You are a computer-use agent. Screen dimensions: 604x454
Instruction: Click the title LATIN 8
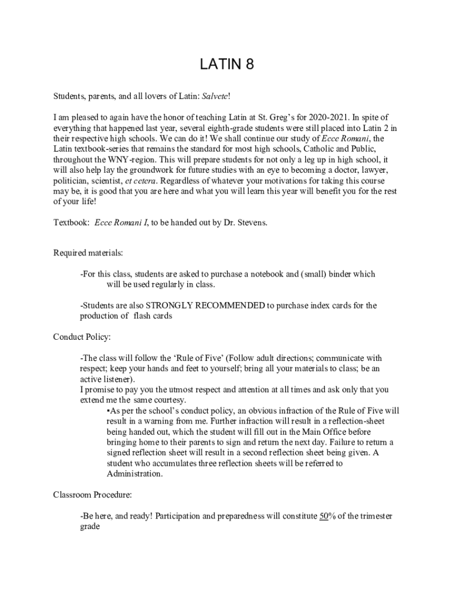coord(226,64)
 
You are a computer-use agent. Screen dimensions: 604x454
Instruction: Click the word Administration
coord(134,474)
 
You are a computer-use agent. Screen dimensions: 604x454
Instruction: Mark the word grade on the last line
coord(90,527)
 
